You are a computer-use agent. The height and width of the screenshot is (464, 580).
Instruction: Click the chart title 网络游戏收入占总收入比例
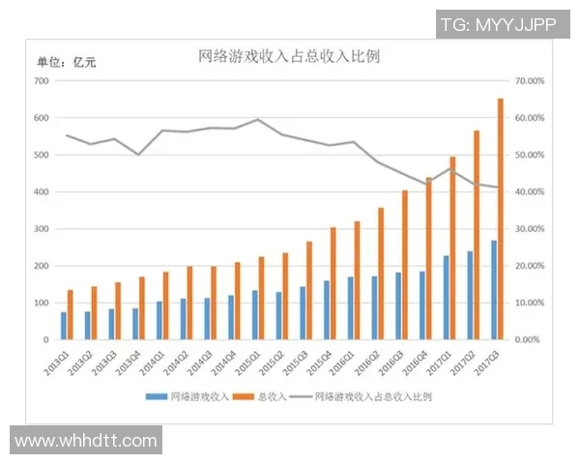click(x=289, y=55)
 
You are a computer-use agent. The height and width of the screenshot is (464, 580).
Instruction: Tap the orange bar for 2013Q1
click(x=71, y=314)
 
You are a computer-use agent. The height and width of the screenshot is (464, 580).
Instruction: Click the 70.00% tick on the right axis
click(x=531, y=81)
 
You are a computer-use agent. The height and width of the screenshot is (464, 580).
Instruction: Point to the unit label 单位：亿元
click(x=67, y=63)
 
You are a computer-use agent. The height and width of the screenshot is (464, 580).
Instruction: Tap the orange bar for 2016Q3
click(x=405, y=265)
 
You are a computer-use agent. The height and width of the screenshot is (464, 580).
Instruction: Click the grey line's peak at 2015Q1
click(x=257, y=120)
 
